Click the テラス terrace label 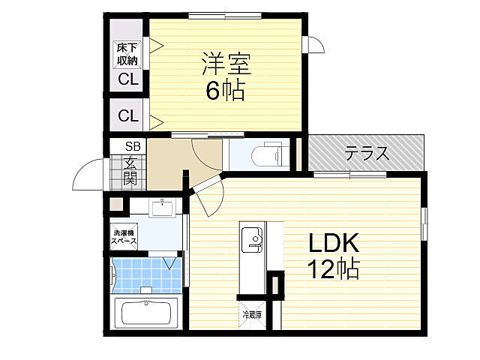(x=367, y=154)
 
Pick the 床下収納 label (x=126, y=54)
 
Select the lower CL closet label (x=127, y=116)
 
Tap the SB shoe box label (x=132, y=146)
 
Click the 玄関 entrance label (x=130, y=170)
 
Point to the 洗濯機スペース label (x=124, y=237)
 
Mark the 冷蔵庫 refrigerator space (x=252, y=316)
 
